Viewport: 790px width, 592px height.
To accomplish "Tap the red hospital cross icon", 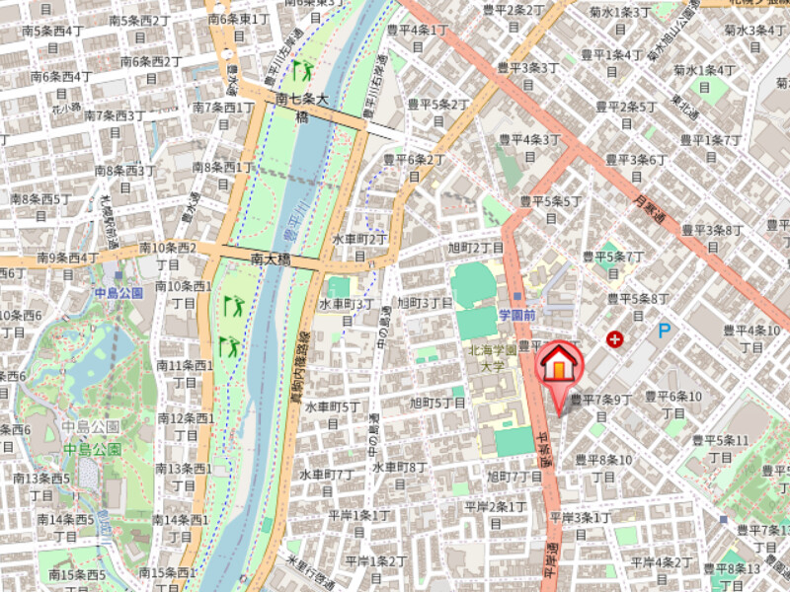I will point(616,339).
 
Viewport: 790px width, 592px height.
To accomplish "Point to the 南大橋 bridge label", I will point(270,259).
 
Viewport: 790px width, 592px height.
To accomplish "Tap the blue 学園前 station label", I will point(516,315).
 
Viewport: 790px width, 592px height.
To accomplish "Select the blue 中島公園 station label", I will point(118,293).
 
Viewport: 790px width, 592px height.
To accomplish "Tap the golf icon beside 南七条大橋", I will point(302,70).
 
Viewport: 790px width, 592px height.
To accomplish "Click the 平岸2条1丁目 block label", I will point(495,514).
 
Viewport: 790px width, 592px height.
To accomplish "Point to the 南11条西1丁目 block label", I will point(184,374).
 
